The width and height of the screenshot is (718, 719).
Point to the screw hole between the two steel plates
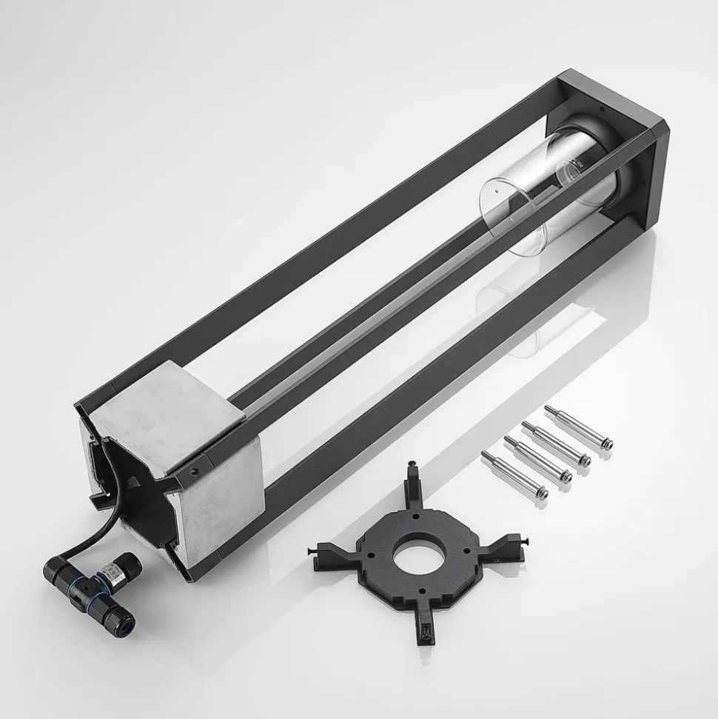point(195,469)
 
